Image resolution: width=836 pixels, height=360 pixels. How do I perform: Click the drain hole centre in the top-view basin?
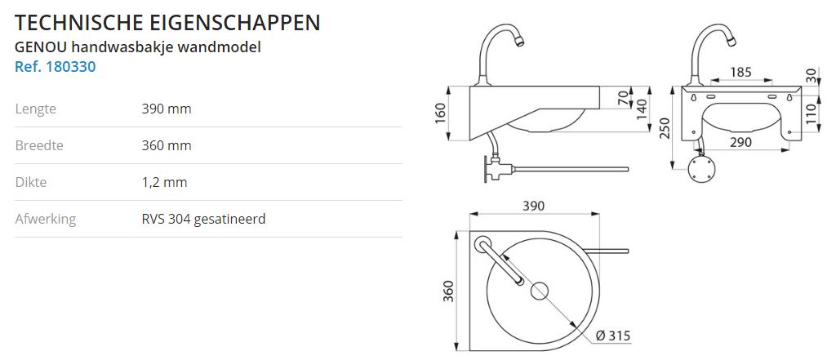point(540,291)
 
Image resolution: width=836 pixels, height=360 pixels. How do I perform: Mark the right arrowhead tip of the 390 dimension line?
point(600,214)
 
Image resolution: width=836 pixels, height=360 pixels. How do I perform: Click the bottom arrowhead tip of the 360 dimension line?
point(456,350)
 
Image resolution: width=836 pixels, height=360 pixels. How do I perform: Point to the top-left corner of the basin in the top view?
point(469,232)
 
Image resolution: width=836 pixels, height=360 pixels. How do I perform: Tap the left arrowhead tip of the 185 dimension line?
point(711,81)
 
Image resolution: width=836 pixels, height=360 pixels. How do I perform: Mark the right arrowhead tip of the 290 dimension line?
point(789,150)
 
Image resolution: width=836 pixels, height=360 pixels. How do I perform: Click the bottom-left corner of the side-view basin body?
point(469,140)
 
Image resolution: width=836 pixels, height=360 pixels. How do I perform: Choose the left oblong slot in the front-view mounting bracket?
point(711,97)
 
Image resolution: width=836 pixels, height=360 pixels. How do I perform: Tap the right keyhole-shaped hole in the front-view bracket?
point(789,98)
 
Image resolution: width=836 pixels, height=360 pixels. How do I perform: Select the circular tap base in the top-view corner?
point(482,244)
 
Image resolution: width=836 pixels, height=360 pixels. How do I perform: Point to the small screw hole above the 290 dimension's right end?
point(789,132)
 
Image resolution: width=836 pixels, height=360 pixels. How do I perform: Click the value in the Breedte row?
point(167,145)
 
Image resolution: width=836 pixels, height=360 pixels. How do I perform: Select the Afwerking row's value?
point(203,219)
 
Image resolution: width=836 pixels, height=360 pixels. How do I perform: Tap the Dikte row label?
point(31,182)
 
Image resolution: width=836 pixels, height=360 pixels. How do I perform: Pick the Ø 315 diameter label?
point(613,336)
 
